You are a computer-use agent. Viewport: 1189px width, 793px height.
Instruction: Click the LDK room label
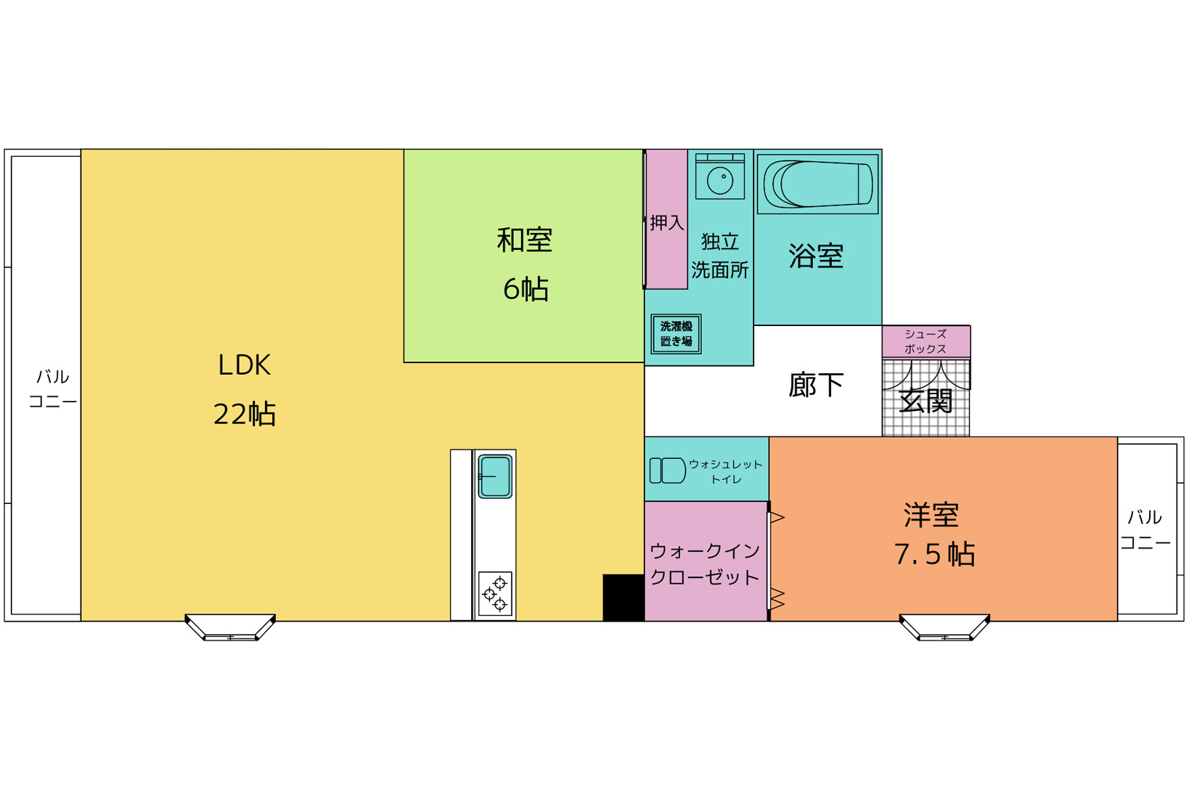(244, 365)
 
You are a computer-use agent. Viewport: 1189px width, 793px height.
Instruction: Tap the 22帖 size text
(244, 415)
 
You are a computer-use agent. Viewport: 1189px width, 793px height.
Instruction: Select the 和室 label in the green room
(524, 240)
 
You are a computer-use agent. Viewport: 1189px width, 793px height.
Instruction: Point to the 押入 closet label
(666, 222)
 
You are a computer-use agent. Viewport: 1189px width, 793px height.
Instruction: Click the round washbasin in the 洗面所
(720, 180)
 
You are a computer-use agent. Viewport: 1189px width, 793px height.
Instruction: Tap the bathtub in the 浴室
(818, 184)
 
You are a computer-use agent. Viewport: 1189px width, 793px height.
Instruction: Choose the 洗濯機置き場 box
(677, 334)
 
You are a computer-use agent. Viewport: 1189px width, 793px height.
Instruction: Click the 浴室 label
(816, 256)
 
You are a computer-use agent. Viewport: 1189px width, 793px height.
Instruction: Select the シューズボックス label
(926, 341)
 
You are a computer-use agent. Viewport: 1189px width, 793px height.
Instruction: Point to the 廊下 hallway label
(816, 385)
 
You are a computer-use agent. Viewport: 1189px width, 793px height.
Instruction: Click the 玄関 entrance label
(926, 402)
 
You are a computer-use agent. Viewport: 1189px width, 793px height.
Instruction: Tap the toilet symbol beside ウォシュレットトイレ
(668, 471)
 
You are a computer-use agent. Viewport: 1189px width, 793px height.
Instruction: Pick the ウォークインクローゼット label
(705, 564)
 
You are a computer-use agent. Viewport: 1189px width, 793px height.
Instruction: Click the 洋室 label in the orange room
(931, 515)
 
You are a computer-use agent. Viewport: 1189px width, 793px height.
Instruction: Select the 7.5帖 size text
(934, 555)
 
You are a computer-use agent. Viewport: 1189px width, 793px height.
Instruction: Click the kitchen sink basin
(495, 476)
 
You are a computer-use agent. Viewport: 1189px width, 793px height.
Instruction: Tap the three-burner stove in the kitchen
(495, 594)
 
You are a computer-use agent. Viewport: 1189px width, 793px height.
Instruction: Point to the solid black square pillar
(624, 598)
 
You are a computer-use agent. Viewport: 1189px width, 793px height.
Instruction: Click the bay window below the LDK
(230, 627)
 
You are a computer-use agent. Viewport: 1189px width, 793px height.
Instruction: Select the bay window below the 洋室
(945, 627)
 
